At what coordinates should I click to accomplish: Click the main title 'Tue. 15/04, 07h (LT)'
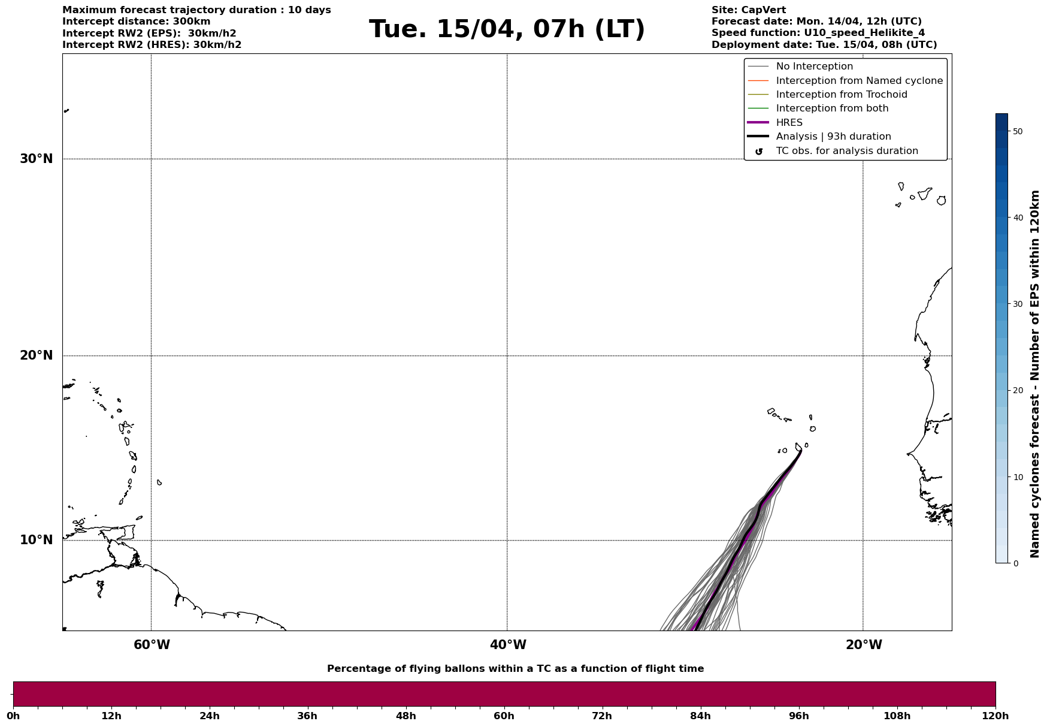click(507, 29)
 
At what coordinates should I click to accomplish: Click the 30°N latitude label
click(36, 159)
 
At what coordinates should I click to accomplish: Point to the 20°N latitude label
click(36, 355)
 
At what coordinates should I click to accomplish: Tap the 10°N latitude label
click(36, 540)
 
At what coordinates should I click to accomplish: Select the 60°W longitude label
click(152, 645)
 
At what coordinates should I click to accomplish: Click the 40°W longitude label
click(508, 645)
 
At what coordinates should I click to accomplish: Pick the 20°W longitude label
click(864, 645)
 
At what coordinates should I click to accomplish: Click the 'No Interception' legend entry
click(814, 67)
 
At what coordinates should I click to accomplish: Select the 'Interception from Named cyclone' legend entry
click(859, 81)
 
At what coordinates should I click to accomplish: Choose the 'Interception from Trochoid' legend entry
click(841, 95)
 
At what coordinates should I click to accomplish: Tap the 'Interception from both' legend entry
click(832, 108)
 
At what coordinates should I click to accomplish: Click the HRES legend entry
click(789, 123)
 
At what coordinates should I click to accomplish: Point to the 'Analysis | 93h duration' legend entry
click(833, 137)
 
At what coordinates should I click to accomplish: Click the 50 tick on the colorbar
click(1017, 131)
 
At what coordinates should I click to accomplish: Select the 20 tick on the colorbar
click(1017, 391)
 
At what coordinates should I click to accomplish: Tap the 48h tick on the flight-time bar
click(406, 716)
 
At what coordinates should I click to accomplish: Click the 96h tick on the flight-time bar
click(798, 716)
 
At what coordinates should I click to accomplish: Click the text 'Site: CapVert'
click(748, 10)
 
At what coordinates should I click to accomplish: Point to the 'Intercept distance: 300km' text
click(136, 22)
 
